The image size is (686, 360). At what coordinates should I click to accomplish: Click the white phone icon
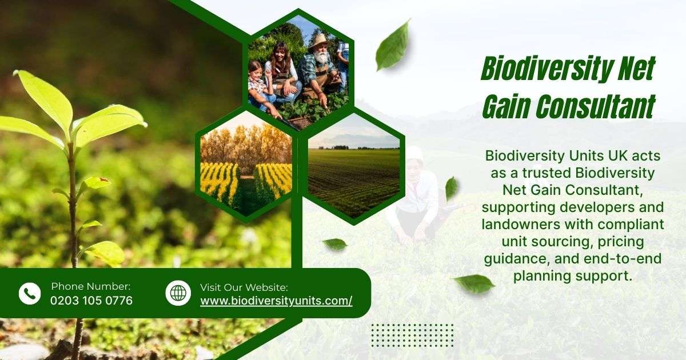point(30,293)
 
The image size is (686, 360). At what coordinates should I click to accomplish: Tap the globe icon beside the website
point(178,293)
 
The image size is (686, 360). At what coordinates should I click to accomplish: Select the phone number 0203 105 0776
point(91,301)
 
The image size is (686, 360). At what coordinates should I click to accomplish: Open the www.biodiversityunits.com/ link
point(276,301)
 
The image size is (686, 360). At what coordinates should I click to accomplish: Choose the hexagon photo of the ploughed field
point(354,167)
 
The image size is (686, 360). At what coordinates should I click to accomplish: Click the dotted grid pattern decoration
point(413,335)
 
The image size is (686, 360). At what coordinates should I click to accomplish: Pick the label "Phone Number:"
point(91,286)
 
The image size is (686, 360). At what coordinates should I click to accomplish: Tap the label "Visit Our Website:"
point(244,287)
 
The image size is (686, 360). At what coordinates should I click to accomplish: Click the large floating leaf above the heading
point(393,45)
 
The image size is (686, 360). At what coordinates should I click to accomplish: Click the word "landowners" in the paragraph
point(521,224)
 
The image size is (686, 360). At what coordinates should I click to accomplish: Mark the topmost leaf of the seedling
point(45,97)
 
